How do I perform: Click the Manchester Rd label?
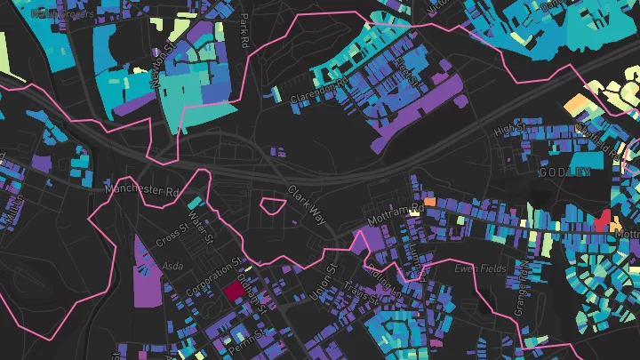[x=142, y=189]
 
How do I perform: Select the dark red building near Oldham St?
[x=234, y=291]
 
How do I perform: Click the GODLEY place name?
[x=564, y=172]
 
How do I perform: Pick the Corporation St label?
[x=214, y=278]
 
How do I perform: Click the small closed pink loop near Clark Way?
[x=273, y=208]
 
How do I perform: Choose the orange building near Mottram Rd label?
[x=430, y=203]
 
